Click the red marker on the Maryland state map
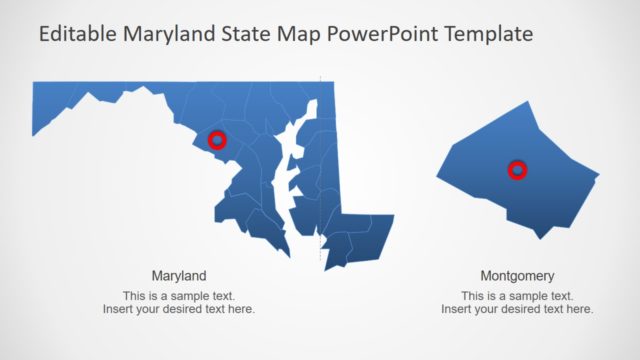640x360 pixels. click(218, 141)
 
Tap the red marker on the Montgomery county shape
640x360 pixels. click(517, 170)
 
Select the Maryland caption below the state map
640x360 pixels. click(179, 275)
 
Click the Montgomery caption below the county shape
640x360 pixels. click(517, 275)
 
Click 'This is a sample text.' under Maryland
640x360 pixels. click(179, 296)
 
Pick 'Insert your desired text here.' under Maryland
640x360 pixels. click(179, 309)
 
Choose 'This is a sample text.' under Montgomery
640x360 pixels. click(517, 296)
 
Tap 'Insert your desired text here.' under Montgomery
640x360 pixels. click(517, 309)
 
